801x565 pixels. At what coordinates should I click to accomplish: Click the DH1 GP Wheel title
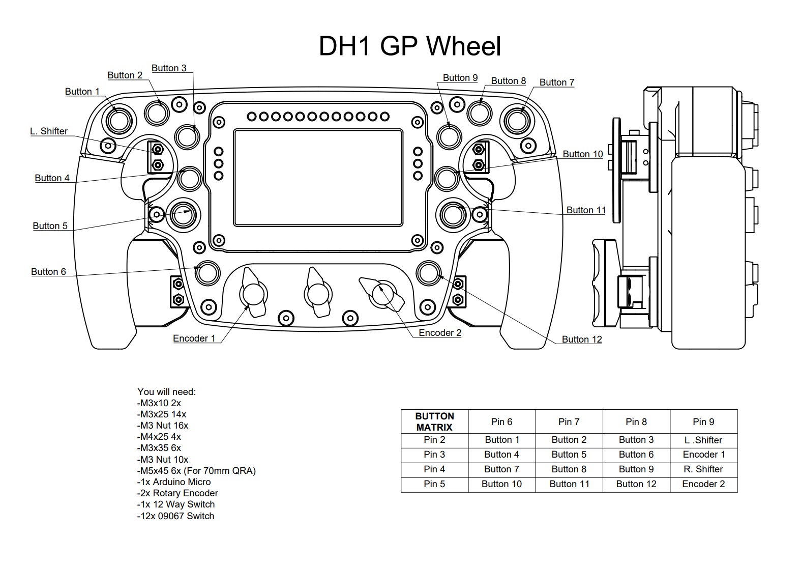coord(410,46)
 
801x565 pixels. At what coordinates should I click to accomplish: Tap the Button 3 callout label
coord(169,68)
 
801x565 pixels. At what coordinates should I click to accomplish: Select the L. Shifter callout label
coord(49,131)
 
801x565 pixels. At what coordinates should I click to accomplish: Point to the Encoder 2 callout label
coord(440,333)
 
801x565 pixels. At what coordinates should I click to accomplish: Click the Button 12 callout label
coord(582,339)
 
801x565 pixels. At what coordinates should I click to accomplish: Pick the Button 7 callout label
coord(557,82)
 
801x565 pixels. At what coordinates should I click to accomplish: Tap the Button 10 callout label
coord(583,154)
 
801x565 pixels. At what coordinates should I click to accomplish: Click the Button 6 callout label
coord(49,272)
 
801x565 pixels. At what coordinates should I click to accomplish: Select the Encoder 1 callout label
coord(194,338)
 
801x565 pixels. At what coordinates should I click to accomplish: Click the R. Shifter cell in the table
coord(703,469)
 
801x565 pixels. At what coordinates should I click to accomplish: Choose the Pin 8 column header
coord(636,422)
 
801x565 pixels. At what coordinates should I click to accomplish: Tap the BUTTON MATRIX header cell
coord(434,421)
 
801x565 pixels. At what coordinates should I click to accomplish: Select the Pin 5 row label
coord(434,484)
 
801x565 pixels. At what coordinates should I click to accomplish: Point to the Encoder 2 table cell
coord(703,484)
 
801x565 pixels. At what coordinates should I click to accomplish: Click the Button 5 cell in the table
coord(569,455)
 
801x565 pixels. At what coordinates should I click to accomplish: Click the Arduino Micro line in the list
coord(174,482)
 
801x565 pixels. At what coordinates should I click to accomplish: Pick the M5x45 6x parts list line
coord(196,470)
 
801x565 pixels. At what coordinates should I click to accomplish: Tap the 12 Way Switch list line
coord(176,504)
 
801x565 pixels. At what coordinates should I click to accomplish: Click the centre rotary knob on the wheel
coord(317,292)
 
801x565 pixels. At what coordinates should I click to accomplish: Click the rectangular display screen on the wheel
coord(318,178)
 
